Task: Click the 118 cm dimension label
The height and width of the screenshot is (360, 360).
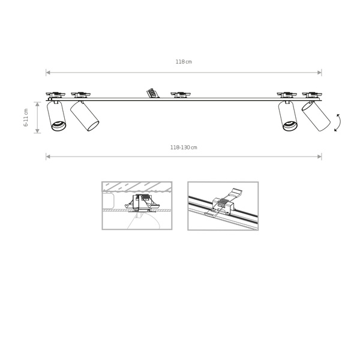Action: click(x=184, y=62)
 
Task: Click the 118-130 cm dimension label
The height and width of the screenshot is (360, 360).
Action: click(x=184, y=147)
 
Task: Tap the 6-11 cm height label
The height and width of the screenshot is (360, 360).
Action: click(x=26, y=117)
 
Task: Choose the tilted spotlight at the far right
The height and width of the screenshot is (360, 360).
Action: click(x=316, y=116)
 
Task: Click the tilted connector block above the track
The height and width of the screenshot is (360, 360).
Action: click(x=151, y=92)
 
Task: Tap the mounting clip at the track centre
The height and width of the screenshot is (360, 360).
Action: click(x=181, y=94)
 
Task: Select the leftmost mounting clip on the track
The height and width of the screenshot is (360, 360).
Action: click(x=55, y=94)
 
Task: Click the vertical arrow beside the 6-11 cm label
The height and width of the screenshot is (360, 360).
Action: click(x=37, y=117)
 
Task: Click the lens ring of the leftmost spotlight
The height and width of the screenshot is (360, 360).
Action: click(x=58, y=125)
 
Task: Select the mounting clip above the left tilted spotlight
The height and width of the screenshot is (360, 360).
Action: click(x=80, y=94)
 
